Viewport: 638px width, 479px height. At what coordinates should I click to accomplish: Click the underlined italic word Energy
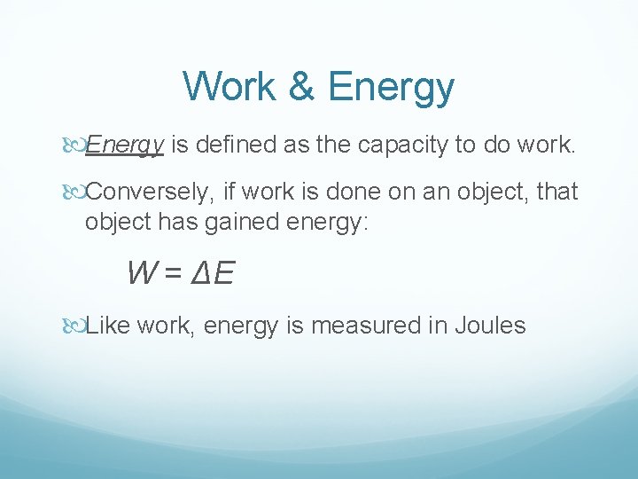click(125, 145)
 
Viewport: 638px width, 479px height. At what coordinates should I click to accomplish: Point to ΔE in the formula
click(214, 272)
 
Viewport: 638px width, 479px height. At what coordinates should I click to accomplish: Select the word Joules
click(490, 326)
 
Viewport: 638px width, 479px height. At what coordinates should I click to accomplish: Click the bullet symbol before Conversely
click(74, 192)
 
